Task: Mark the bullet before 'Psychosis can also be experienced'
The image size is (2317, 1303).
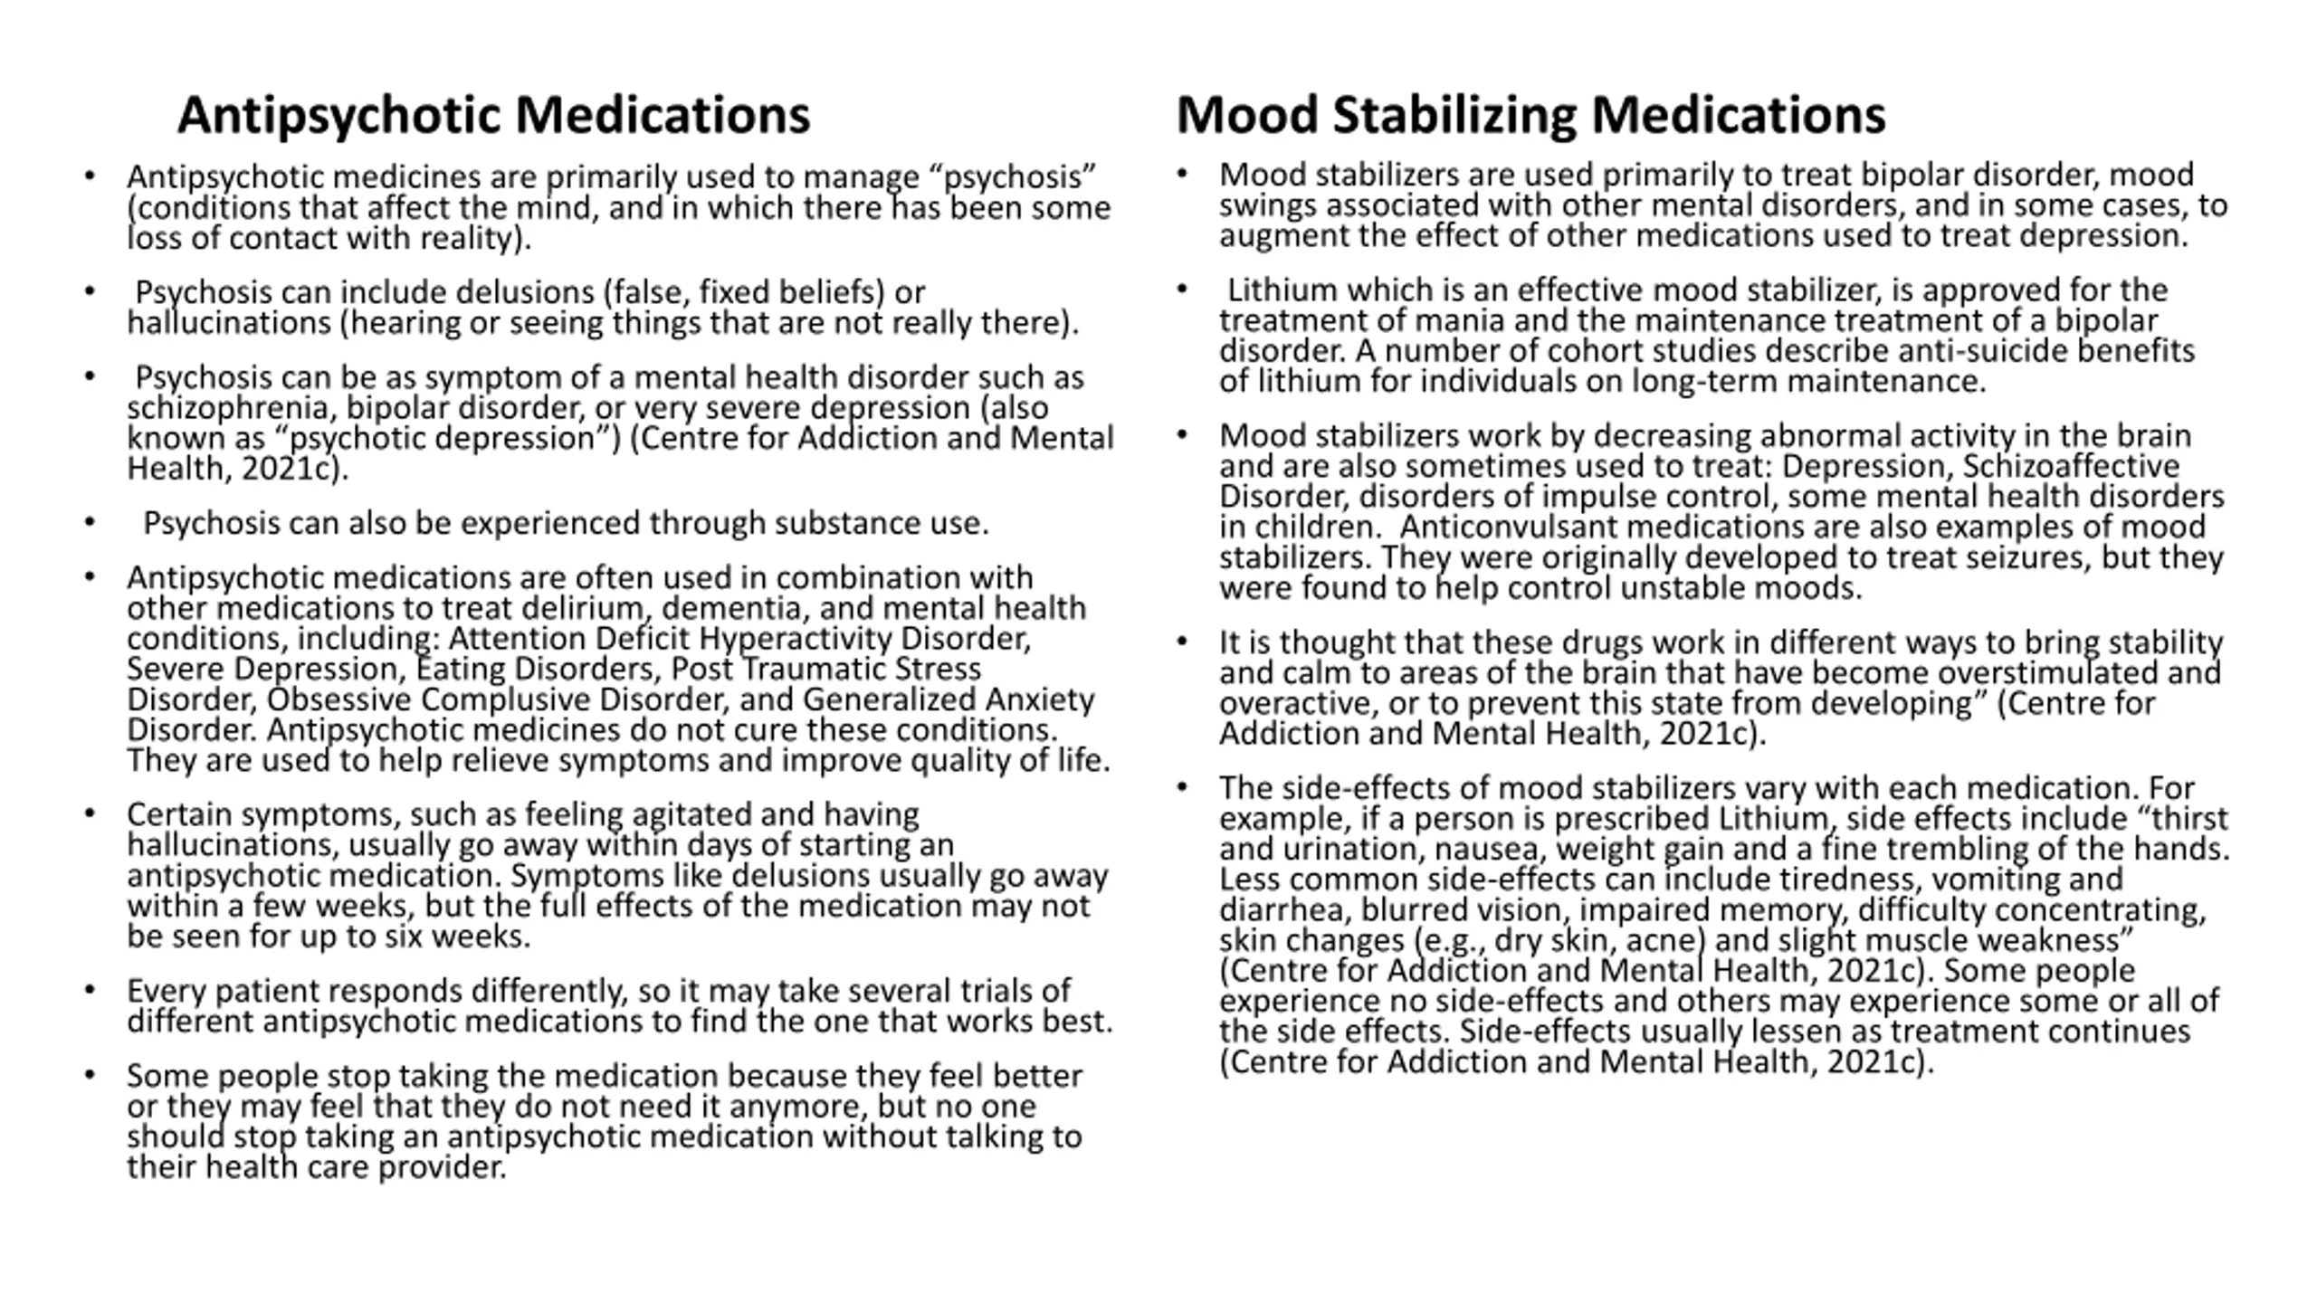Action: click(x=89, y=522)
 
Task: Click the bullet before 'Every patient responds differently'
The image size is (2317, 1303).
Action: click(x=89, y=990)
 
